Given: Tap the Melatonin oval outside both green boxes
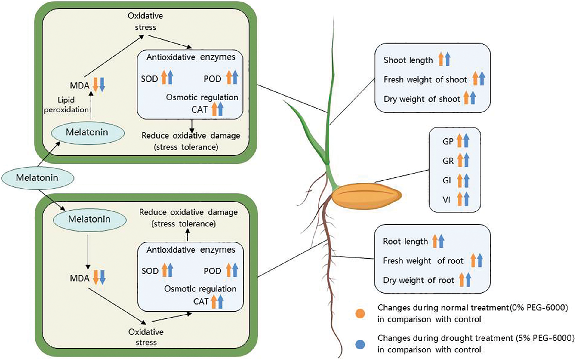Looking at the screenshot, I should pyautogui.click(x=38, y=178).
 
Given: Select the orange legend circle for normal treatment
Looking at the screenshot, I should pyautogui.click(x=360, y=313).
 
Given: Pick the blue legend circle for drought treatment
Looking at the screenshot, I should pyautogui.click(x=360, y=344).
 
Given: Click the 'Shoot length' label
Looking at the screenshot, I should pyautogui.click(x=408, y=60).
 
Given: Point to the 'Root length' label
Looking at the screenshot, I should pyautogui.click(x=405, y=242).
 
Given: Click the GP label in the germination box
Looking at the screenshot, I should pyautogui.click(x=448, y=141).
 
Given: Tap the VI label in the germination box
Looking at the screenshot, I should pyautogui.click(x=447, y=200).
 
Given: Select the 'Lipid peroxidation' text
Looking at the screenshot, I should pyautogui.click(x=66, y=105).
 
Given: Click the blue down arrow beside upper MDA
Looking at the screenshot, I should pyautogui.click(x=102, y=85).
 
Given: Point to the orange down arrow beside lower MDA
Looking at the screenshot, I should pyautogui.click(x=96, y=277).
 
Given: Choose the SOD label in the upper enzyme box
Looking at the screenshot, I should pyautogui.click(x=149, y=79).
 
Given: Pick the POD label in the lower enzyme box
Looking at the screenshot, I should pyautogui.click(x=212, y=271).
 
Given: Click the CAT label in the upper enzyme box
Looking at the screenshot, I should pyautogui.click(x=199, y=110).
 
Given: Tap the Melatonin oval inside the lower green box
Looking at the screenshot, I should pyautogui.click(x=89, y=219).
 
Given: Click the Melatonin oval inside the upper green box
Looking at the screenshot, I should pyautogui.click(x=87, y=132).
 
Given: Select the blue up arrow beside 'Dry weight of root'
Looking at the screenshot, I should pyautogui.click(x=468, y=280).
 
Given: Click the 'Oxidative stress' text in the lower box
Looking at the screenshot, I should pyautogui.click(x=146, y=337).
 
